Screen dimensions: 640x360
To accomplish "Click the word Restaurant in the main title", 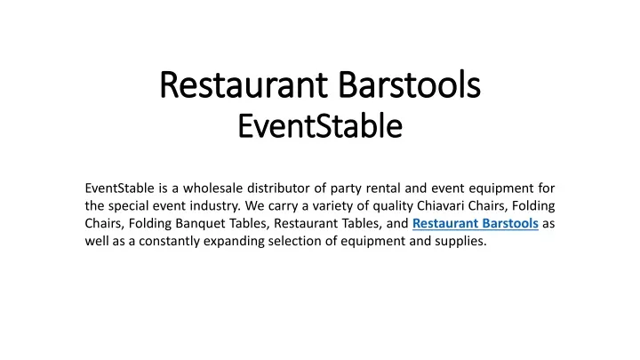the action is point(244,85).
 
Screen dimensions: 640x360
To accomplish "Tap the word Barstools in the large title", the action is point(410,85).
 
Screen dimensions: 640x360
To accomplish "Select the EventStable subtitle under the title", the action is point(320,126).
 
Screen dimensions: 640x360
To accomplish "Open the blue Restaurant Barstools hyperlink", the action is point(475,223).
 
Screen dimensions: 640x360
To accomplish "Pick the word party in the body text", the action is point(346,189).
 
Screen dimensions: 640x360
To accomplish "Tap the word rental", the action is point(383,188).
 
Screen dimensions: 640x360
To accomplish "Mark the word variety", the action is point(332,206).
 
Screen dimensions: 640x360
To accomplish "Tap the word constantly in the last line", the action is point(170,242).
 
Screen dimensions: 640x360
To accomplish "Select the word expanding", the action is point(234,242).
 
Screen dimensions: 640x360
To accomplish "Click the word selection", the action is point(295,241).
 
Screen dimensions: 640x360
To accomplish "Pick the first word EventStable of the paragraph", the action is point(120,188).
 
